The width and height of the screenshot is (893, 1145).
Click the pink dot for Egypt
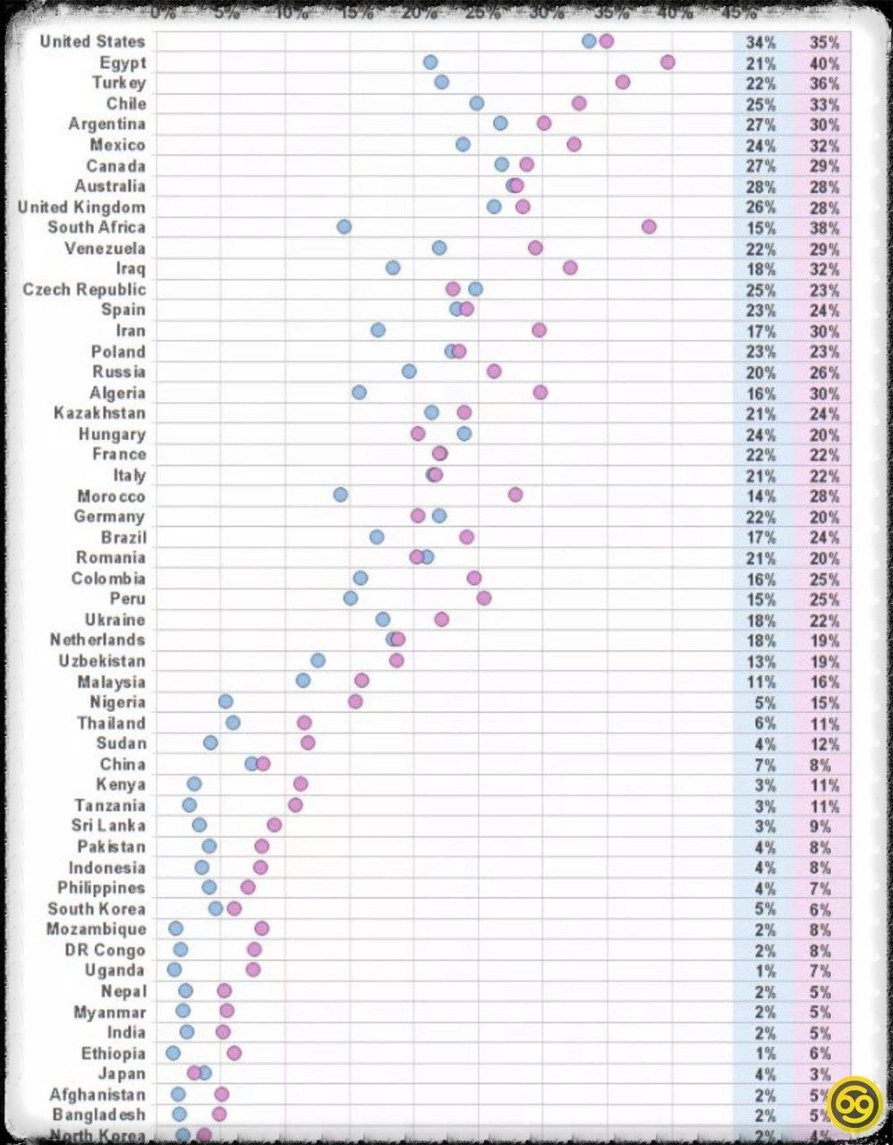coord(668,62)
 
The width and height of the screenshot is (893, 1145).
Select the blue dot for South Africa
coord(344,227)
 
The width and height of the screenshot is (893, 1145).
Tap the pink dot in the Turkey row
coord(623,82)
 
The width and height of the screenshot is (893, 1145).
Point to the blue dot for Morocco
coord(340,496)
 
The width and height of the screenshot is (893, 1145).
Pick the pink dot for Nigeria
coord(355,701)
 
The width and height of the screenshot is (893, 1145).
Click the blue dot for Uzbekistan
coord(318,660)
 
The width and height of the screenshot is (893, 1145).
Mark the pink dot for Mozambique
coord(261,929)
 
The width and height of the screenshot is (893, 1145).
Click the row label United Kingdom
coord(81,208)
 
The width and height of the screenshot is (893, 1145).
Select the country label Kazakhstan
coord(99,413)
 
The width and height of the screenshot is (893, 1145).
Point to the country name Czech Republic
coord(84,290)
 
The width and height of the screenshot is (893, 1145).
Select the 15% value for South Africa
coord(761,228)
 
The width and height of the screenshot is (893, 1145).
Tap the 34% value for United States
coord(761,42)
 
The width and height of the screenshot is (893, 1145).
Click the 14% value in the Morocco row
coord(761,496)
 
